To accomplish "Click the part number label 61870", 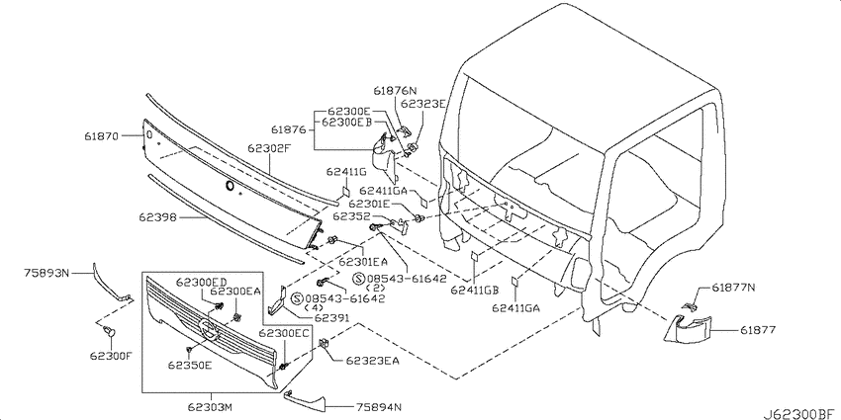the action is (102, 136).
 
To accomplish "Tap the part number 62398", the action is (157, 217).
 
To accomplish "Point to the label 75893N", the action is (47, 273).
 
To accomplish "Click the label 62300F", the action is (111, 356).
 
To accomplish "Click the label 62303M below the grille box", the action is (212, 408).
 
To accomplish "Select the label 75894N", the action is (378, 406).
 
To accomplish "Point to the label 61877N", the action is (734, 288).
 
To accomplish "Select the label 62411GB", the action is (475, 290).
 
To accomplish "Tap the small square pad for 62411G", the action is (346, 192).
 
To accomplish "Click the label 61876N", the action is (395, 90).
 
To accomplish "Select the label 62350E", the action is (189, 366).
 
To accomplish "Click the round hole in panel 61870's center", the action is (231, 186).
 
